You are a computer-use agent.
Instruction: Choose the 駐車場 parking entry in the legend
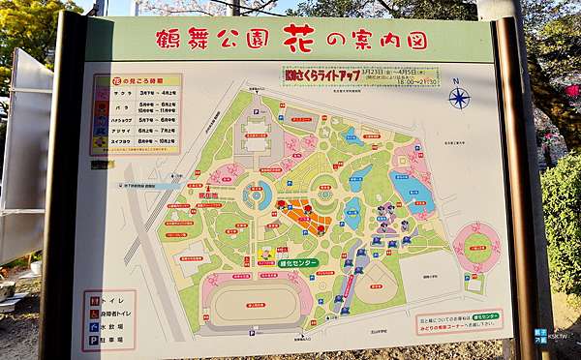click(x=108, y=340)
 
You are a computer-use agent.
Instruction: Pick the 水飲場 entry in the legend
click(x=108, y=327)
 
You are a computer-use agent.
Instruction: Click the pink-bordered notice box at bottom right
click(x=460, y=321)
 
